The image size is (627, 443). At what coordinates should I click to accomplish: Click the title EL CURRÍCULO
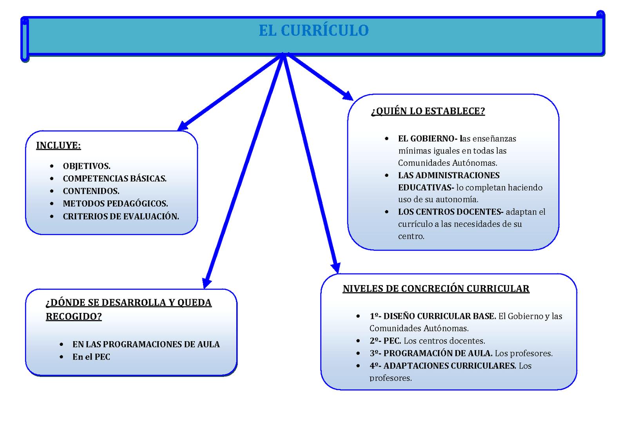[x=313, y=31]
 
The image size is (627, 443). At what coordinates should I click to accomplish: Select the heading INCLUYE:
[x=58, y=146]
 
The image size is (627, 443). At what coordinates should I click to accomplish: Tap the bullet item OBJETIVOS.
[x=87, y=166]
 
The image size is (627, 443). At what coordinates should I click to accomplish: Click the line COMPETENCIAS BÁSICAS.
[x=114, y=179]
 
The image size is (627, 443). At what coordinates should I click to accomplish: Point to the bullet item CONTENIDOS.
[x=91, y=191]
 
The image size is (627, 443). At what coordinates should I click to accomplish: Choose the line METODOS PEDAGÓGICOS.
[x=115, y=204]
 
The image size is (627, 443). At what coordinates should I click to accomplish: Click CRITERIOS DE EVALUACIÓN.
[x=121, y=216]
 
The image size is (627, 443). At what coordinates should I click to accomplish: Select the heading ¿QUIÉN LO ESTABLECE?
[x=428, y=111]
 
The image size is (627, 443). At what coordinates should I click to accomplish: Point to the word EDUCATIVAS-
[x=426, y=188]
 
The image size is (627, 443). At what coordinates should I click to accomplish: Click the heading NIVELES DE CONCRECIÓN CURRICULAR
[x=436, y=289]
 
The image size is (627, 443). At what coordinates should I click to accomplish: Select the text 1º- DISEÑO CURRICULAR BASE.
[x=433, y=316]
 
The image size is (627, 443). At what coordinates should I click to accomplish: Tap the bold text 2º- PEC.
[x=385, y=341]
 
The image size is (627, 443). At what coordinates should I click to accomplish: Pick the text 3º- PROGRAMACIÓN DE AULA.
[x=431, y=353]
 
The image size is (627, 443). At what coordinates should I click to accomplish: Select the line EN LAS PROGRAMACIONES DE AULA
[x=146, y=344]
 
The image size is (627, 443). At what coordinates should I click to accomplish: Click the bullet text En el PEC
[x=91, y=357]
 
